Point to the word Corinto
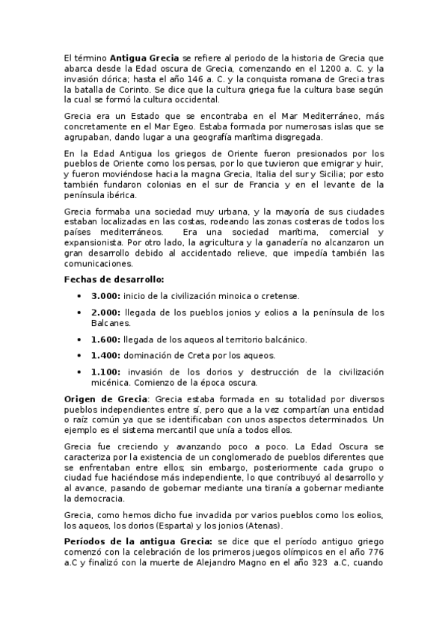tap(123, 87)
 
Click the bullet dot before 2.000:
tap(80, 313)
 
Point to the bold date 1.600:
tap(106, 339)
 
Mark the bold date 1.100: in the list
tap(107, 372)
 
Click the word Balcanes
tap(111, 323)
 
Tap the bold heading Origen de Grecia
tap(105, 398)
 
